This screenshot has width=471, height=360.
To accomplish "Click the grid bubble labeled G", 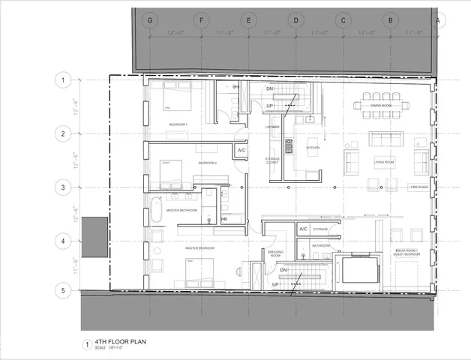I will (151, 19).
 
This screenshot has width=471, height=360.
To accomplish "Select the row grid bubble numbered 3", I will (64, 187).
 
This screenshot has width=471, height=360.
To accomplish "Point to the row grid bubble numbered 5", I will (64, 290).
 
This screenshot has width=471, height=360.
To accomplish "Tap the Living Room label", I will (384, 161).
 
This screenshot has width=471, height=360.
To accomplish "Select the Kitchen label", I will (313, 148).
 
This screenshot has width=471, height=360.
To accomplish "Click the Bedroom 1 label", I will (178, 123).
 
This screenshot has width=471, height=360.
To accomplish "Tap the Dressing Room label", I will (274, 254).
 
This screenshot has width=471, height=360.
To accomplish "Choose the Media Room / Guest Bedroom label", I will (407, 253).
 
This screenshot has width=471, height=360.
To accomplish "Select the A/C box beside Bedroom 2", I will (241, 151).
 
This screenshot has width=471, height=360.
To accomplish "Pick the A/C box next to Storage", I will (303, 229).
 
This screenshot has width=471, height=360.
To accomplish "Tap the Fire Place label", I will (418, 187).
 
